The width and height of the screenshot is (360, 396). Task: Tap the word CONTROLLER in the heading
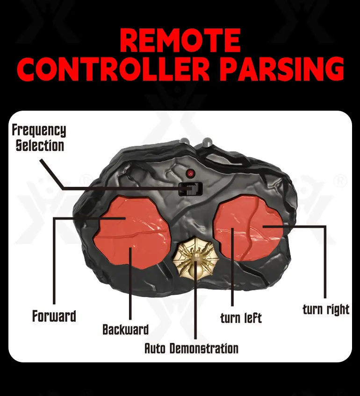113,69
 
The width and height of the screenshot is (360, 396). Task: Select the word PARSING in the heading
283,69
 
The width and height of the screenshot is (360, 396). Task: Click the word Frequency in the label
39,131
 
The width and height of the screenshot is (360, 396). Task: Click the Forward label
54,316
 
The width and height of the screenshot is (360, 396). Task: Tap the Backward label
125,330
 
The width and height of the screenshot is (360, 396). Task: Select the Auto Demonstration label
191,348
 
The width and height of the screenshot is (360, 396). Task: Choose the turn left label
241,318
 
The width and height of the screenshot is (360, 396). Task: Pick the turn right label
326,309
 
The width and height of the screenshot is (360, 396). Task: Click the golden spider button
195,258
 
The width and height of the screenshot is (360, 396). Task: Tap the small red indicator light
190,173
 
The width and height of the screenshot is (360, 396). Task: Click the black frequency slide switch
191,189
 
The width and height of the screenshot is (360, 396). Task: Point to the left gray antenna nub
184,141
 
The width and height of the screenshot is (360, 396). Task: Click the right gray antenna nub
208,142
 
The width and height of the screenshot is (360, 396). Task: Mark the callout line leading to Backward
130,283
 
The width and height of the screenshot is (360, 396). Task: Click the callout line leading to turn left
232,267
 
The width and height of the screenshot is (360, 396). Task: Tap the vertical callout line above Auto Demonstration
195,300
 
